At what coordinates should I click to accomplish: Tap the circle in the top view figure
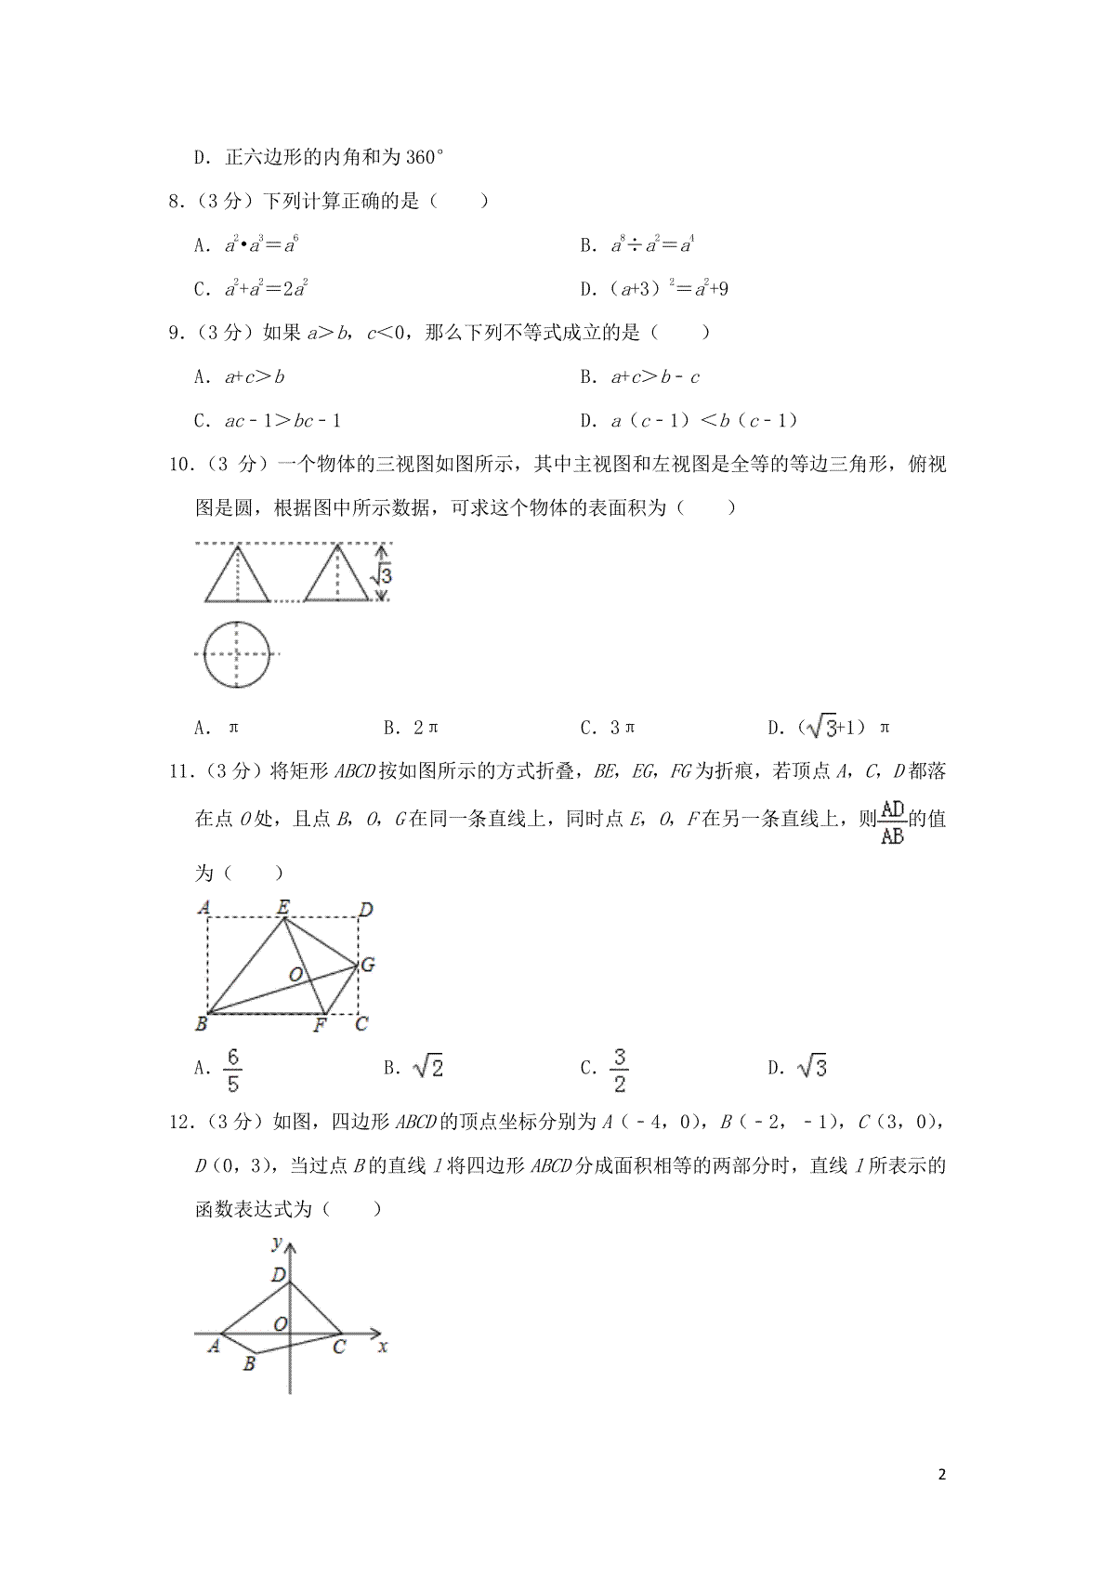[x=237, y=654]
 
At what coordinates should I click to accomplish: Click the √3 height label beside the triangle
[x=381, y=576]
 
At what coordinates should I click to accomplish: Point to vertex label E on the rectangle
[x=283, y=906]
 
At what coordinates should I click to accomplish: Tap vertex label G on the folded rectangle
[x=367, y=966]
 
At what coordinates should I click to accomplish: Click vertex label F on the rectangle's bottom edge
[x=320, y=1026]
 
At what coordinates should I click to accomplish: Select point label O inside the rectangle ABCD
[x=295, y=975]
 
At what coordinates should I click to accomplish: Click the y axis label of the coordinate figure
[x=276, y=1243]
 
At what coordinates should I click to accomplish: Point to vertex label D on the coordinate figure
[x=278, y=1275]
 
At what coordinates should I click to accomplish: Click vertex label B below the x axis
[x=249, y=1365]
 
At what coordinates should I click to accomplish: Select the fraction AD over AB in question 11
[x=892, y=822]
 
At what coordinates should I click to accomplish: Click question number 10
[x=182, y=464]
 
